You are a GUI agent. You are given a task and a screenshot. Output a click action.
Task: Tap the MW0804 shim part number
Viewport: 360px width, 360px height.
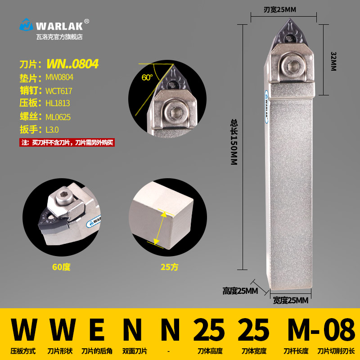(59, 77)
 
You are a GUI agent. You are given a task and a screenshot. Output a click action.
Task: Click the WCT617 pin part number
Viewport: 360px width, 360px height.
(58, 90)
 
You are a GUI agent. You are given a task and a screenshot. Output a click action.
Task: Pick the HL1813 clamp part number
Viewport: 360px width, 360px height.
(58, 103)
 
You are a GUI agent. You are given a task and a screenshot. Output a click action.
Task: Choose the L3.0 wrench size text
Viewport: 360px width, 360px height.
(53, 130)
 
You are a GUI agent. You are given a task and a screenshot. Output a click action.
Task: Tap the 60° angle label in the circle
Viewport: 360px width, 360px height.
(147, 77)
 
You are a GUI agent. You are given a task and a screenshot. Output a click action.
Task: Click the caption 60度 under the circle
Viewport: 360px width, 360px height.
(61, 267)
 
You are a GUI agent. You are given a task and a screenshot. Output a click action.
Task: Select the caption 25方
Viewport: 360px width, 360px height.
(170, 267)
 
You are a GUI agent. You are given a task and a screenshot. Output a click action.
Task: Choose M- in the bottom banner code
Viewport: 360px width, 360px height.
(304, 331)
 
